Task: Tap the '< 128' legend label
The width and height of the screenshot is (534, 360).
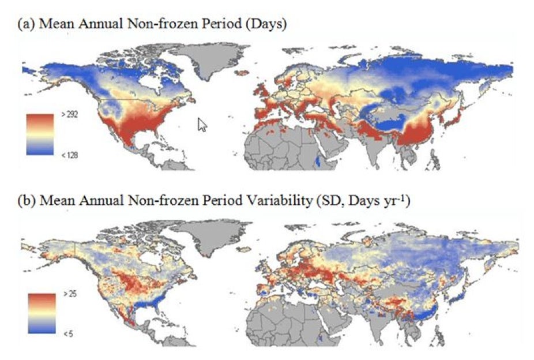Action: coord(68,155)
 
